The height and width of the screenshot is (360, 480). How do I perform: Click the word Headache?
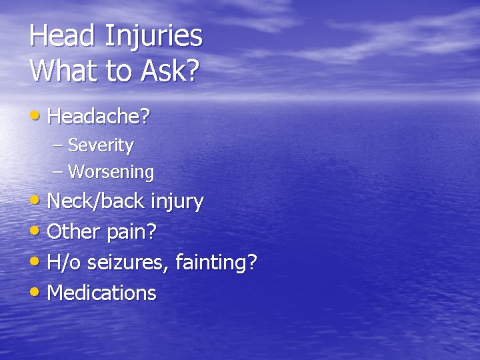99,117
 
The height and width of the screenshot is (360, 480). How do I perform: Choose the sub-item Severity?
101,145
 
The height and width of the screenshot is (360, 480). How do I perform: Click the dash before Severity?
58,145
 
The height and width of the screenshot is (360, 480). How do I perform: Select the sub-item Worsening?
111,172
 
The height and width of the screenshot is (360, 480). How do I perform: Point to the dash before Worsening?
58,172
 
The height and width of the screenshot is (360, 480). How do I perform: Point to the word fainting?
216,263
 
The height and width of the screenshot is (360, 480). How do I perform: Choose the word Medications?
102,293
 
